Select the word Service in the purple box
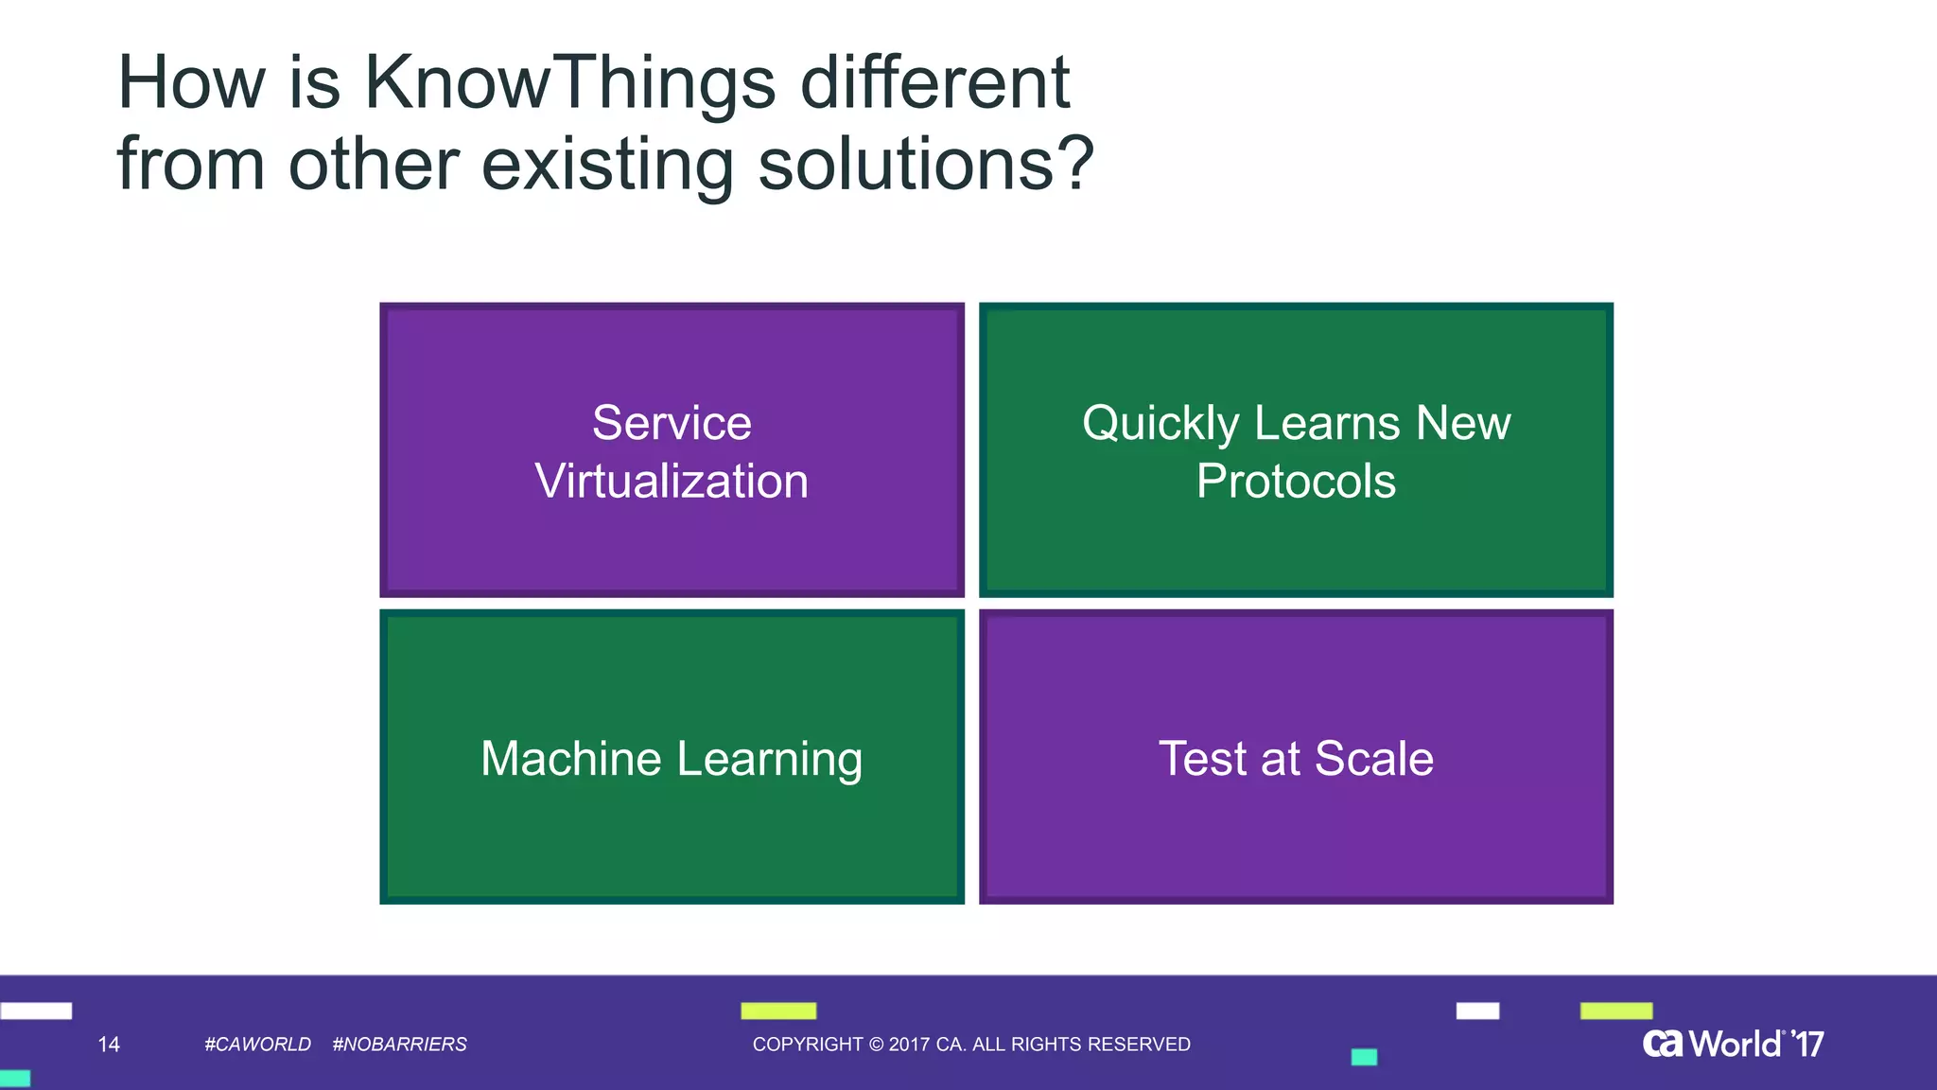point(672,423)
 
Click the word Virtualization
point(672,482)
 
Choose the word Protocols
point(1296,482)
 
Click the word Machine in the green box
point(570,759)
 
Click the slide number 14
point(109,1045)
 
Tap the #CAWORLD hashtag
point(257,1045)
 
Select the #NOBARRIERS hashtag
point(399,1045)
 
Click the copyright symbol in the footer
point(876,1045)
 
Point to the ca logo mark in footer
point(1663,1044)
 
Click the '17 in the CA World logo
point(1807,1045)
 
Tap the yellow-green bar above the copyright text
point(777,1011)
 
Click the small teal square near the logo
point(1364,1057)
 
